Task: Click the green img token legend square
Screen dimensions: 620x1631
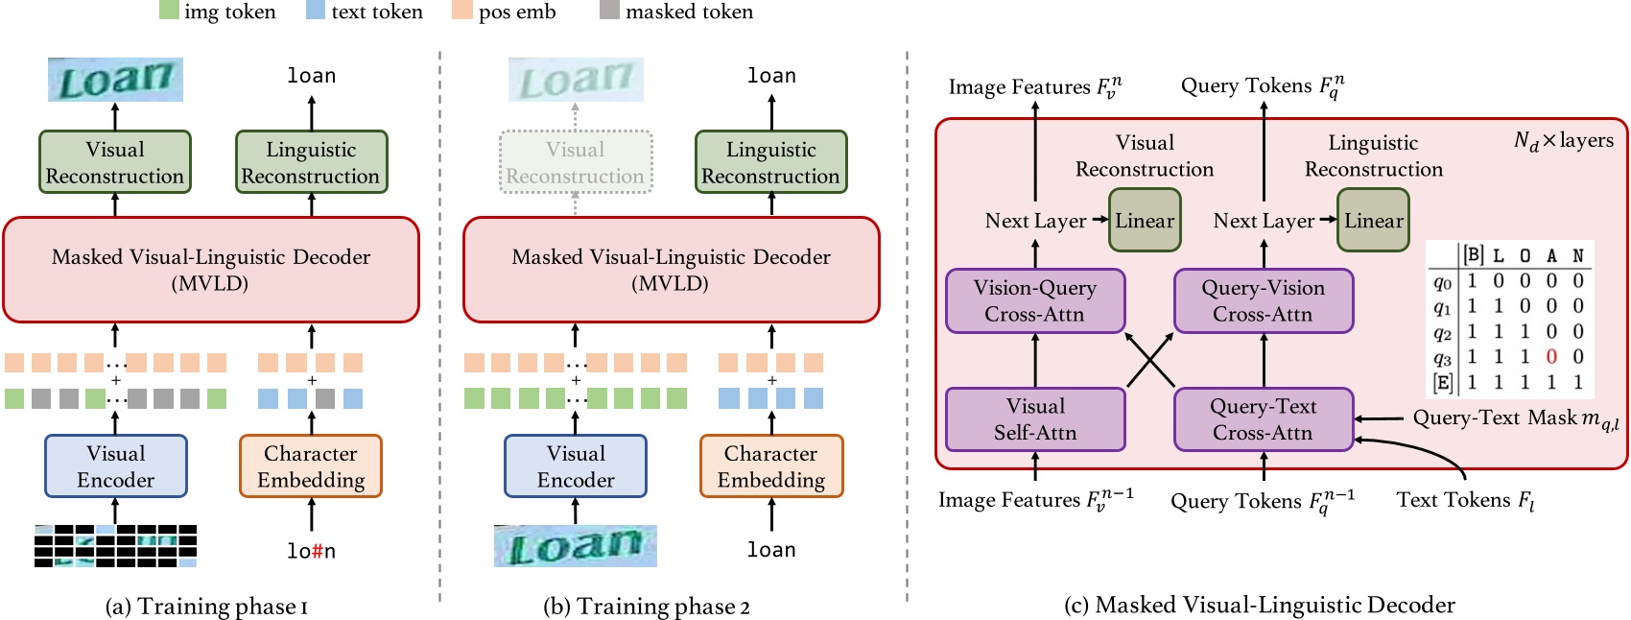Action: [x=169, y=11]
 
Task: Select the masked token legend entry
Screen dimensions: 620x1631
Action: [x=676, y=12]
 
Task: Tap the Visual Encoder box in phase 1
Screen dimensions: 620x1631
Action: [x=116, y=466]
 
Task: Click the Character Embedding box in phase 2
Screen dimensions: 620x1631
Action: [x=771, y=466]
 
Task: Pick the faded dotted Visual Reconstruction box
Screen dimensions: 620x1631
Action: [x=576, y=162]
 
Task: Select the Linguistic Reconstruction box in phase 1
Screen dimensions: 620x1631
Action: [x=311, y=162]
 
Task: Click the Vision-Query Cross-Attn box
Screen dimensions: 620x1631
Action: [x=1035, y=301]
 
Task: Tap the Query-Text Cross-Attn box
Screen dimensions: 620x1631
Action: [x=1264, y=419]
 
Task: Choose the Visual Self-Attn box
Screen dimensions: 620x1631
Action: [x=1035, y=419]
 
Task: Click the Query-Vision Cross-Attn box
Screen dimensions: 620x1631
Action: [x=1264, y=301]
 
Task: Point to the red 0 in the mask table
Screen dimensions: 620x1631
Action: [x=1551, y=357]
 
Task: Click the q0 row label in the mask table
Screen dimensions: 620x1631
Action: [x=1442, y=282]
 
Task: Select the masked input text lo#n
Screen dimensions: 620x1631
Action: [x=311, y=551]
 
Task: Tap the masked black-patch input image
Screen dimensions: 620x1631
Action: [x=115, y=546]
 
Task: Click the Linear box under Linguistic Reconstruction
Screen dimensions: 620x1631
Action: [x=1373, y=221]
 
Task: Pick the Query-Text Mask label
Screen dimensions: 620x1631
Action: [x=1515, y=418]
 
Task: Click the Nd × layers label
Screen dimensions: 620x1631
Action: [x=1563, y=141]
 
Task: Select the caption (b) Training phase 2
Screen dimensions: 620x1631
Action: [x=647, y=607]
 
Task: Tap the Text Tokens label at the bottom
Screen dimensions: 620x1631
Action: [x=1465, y=500]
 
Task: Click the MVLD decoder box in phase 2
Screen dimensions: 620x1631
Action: [x=671, y=270]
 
